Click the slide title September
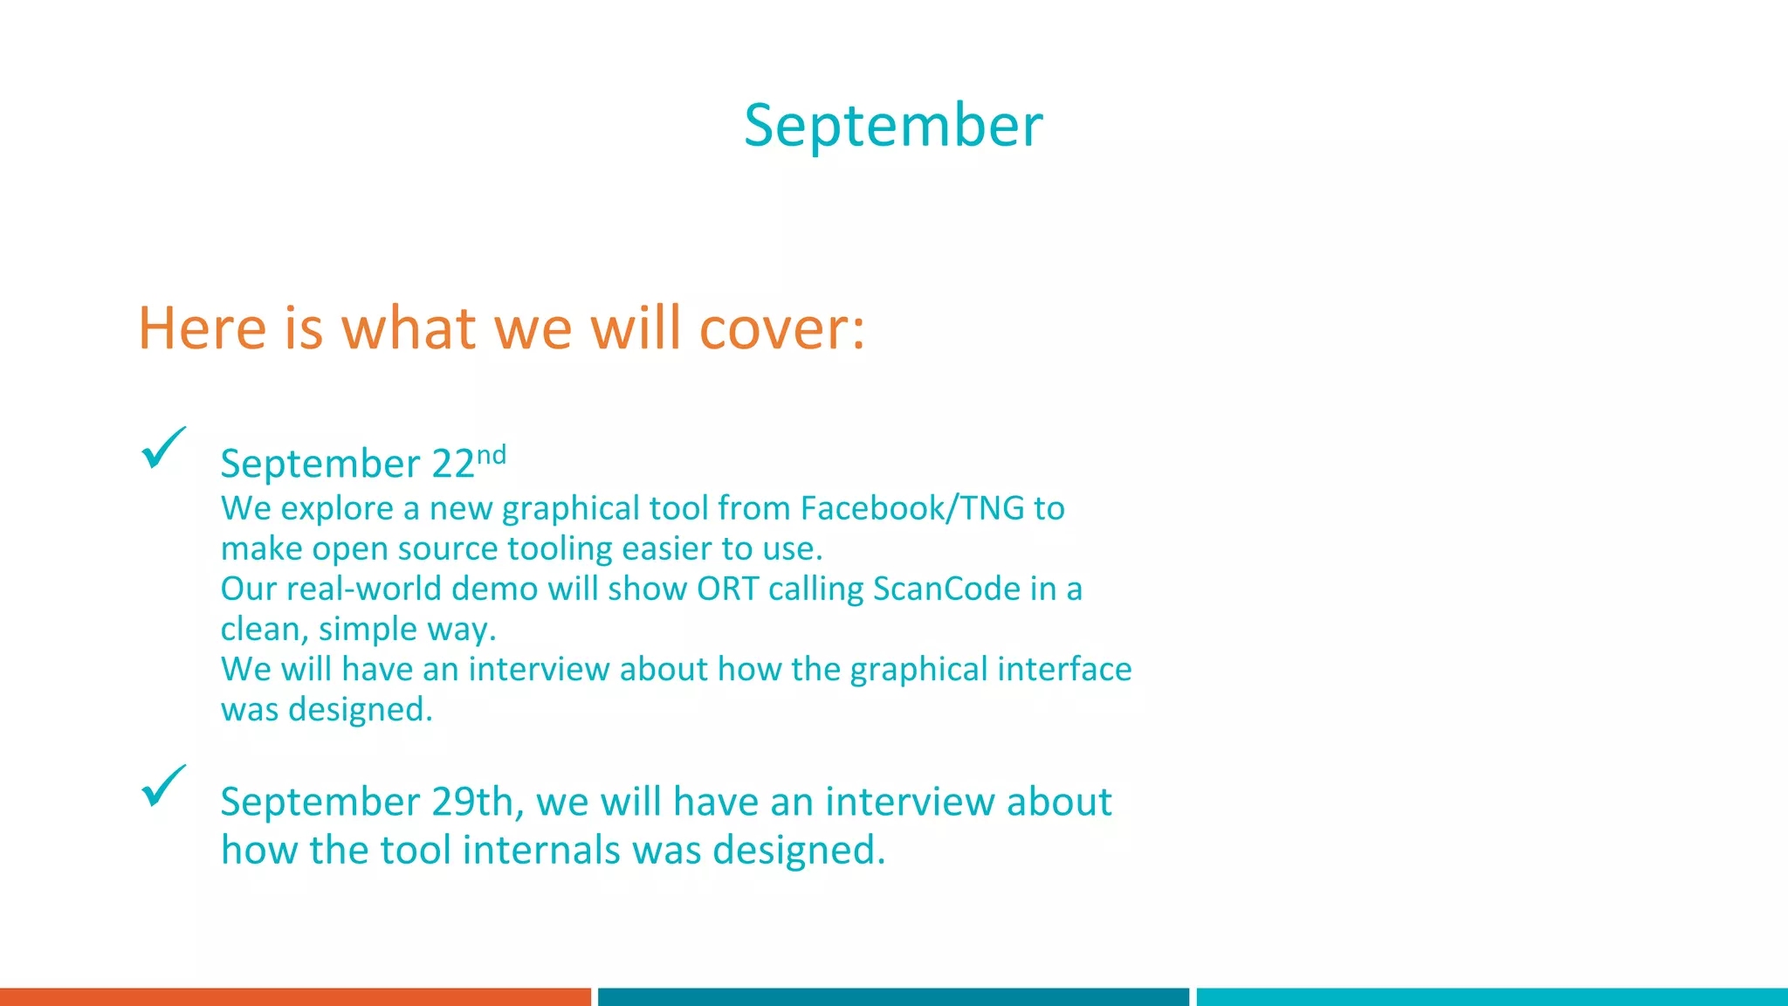(x=893, y=126)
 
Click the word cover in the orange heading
(x=782, y=329)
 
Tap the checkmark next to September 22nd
(x=163, y=448)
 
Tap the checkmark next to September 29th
(x=163, y=786)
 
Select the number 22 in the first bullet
(x=453, y=464)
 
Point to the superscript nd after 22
(x=492, y=455)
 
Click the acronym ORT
(x=727, y=589)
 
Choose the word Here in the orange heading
(x=203, y=329)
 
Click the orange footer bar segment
(x=295, y=996)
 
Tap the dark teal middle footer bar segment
(x=893, y=996)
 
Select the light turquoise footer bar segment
(x=1491, y=996)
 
